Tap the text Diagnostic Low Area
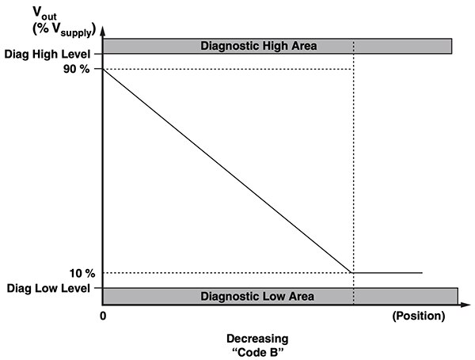258,296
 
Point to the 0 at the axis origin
103,316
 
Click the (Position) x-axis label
419,316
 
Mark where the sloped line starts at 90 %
104,70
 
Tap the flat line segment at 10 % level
388,273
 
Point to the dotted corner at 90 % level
353,69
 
